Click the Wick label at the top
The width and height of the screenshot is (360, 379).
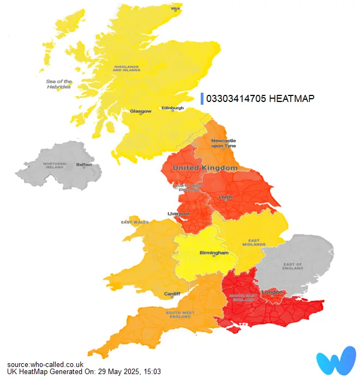click(176, 9)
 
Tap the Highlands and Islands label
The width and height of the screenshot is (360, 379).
click(127, 69)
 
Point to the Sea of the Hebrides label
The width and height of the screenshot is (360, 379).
click(58, 85)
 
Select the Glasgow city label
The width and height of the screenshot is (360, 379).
click(141, 111)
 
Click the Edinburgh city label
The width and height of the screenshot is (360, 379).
click(172, 108)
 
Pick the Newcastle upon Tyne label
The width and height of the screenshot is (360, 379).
click(224, 143)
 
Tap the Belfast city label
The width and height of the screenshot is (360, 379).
click(84, 164)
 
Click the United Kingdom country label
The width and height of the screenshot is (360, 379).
click(205, 168)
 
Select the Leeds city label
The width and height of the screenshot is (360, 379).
click(225, 197)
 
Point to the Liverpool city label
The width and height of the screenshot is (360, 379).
click(178, 213)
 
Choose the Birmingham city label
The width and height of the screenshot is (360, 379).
click(213, 254)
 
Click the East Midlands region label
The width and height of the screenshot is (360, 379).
click(254, 242)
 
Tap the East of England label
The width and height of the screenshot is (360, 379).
click(293, 266)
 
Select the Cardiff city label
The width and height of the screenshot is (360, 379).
click(172, 294)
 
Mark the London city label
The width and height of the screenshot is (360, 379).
click(272, 293)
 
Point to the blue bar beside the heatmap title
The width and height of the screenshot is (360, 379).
click(202, 98)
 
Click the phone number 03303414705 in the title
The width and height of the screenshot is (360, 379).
click(236, 99)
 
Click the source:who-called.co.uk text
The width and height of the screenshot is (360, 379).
click(45, 364)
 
